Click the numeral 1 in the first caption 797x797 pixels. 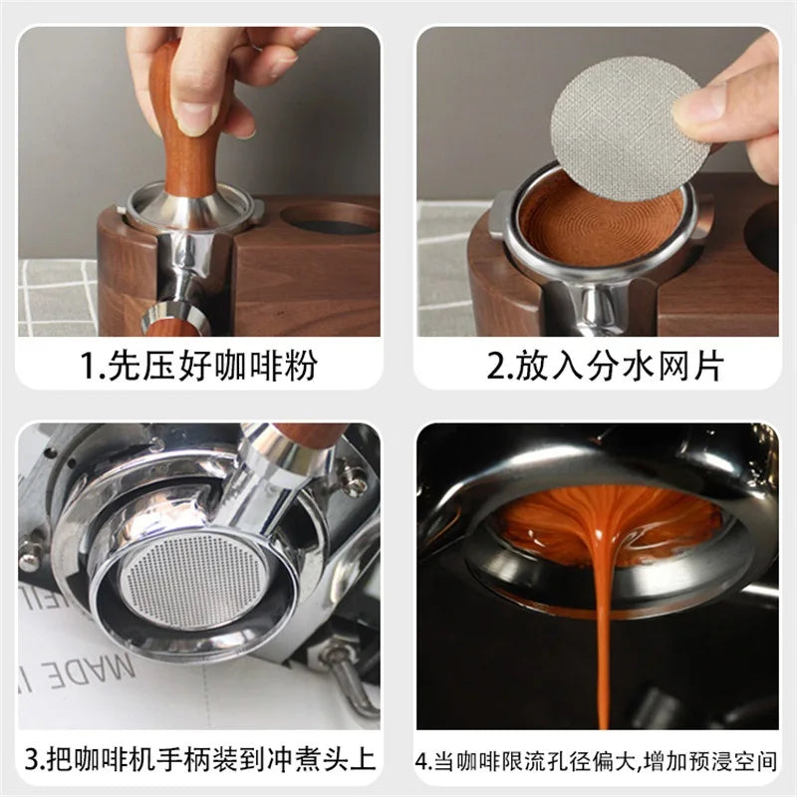(87, 365)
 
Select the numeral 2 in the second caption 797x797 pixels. (494, 365)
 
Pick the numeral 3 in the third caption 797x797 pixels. (32, 760)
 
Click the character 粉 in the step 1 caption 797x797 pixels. (301, 365)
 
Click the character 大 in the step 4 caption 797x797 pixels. (626, 762)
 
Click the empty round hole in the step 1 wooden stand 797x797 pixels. (331, 219)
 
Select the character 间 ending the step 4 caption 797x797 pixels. (766, 762)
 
